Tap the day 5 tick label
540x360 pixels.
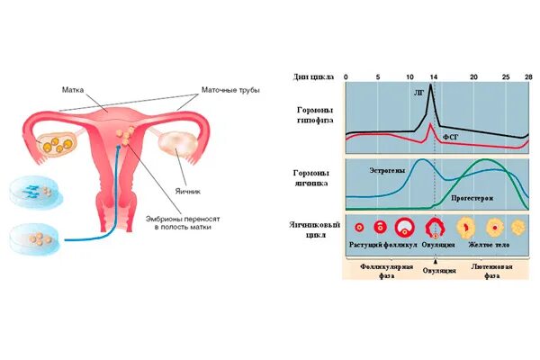tap(378, 77)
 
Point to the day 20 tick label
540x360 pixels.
tap(473, 77)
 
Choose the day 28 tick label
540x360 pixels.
tap(528, 77)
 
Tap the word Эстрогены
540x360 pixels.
tap(388, 168)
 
